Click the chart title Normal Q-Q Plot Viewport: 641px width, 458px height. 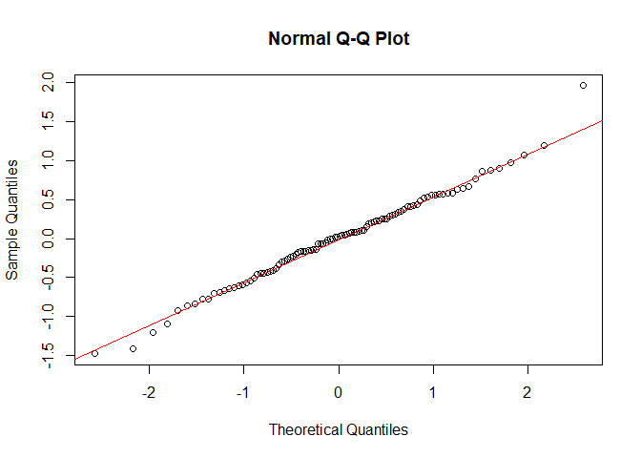[x=339, y=39]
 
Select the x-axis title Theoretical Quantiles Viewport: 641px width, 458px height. [x=339, y=429]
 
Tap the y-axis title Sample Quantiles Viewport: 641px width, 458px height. [x=12, y=219]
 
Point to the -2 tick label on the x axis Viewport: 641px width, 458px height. [x=149, y=392]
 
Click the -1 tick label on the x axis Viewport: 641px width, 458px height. [x=243, y=392]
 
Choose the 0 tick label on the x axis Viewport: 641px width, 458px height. [x=339, y=392]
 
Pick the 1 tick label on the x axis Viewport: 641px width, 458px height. [x=432, y=392]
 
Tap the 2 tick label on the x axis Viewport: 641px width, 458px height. [x=527, y=392]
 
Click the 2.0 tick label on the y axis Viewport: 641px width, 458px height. [x=48, y=84]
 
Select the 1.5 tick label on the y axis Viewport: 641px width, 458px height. [x=48, y=122]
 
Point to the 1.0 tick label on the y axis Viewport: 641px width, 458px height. [x=48, y=161]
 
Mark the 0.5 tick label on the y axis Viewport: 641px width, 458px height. [x=48, y=199]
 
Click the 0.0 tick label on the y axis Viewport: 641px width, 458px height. [x=48, y=239]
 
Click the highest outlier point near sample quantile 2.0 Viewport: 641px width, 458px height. [x=583, y=85]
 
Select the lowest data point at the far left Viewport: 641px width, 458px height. [x=94, y=353]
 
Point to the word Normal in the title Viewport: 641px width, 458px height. [x=297, y=39]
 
